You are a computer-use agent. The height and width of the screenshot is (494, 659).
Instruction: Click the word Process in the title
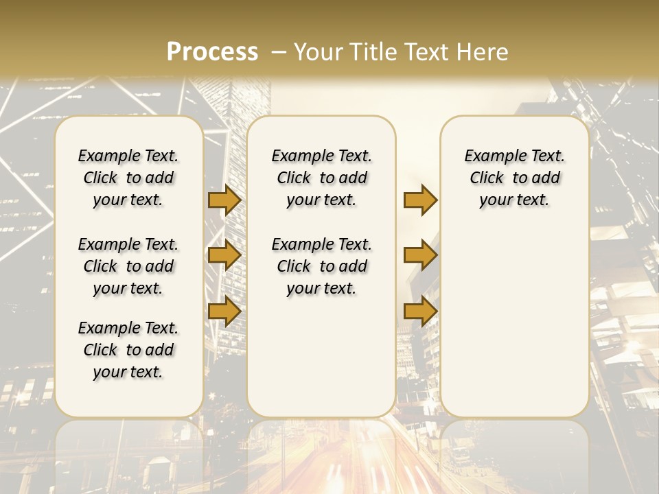tap(212, 51)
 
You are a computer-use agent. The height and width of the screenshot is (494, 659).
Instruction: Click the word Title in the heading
tap(374, 51)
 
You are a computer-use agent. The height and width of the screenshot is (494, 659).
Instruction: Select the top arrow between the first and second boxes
tap(224, 200)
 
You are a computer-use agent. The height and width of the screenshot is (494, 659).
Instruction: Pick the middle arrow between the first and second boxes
tap(224, 256)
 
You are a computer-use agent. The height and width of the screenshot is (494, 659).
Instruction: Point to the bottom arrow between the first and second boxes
tap(224, 311)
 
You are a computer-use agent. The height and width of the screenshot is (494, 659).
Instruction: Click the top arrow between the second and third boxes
tap(420, 200)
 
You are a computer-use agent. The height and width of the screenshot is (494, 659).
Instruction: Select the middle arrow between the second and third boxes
tap(420, 256)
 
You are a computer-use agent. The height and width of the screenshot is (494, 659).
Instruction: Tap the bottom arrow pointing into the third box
tap(420, 311)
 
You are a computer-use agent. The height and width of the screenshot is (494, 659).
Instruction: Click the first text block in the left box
tap(128, 178)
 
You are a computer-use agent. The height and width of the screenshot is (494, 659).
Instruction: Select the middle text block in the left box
tap(128, 266)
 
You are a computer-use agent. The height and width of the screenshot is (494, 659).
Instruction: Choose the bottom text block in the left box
tap(128, 350)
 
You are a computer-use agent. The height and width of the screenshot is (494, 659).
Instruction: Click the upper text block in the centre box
tap(321, 178)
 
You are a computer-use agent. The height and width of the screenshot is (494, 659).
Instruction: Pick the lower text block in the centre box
tap(321, 266)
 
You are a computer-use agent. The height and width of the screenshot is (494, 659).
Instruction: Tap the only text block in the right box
tap(514, 178)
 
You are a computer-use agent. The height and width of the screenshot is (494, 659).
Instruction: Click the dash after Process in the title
tap(279, 51)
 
